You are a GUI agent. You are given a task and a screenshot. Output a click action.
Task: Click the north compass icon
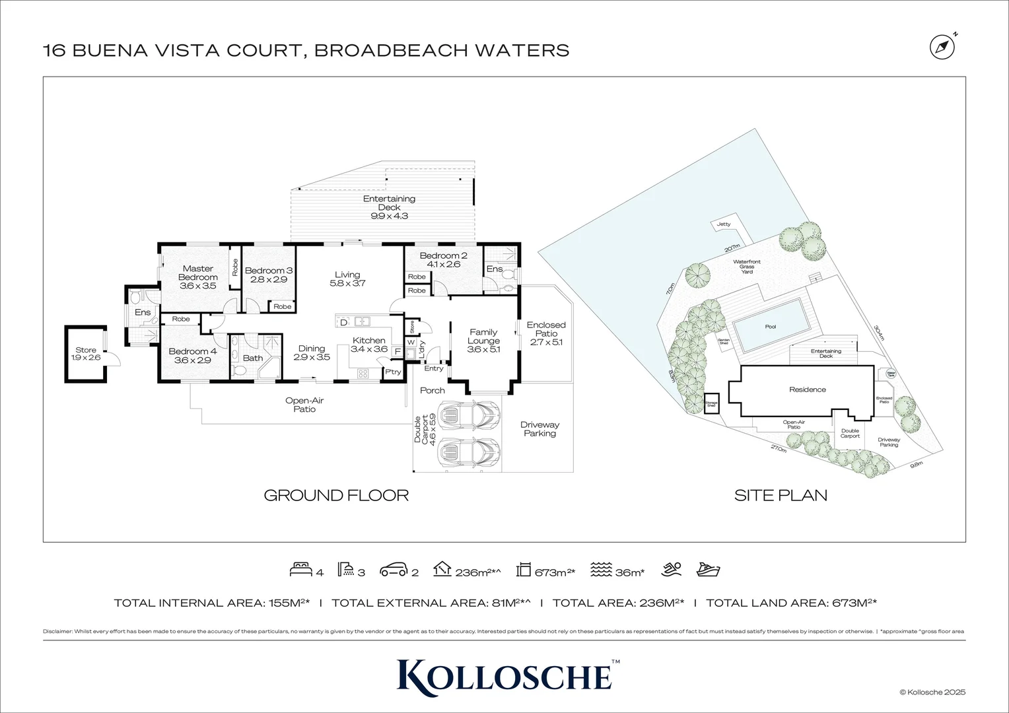pos(942,46)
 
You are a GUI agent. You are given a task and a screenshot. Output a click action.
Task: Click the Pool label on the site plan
pos(771,327)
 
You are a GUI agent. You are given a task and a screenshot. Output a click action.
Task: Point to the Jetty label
pos(724,224)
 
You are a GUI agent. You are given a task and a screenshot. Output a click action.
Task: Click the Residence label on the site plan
pos(808,390)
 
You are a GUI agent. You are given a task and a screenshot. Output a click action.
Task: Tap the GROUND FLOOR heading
pos(336,495)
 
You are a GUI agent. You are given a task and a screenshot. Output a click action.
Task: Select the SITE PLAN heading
pos(781,495)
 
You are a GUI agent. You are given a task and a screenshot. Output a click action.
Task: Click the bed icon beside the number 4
pos(300,570)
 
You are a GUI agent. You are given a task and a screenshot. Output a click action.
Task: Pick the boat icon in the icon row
pos(709,570)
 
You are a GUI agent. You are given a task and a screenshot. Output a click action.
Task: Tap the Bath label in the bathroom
pos(252,358)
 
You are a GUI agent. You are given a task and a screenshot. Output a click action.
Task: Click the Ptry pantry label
pos(393,372)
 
